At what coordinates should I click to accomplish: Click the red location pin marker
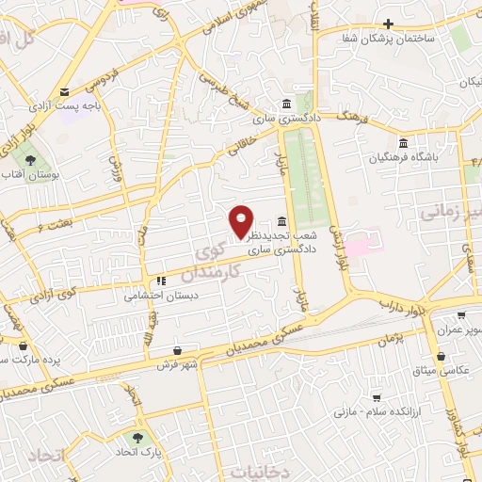(x=242, y=221)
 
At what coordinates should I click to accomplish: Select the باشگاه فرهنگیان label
(x=403, y=157)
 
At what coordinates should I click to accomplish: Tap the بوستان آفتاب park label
(x=30, y=174)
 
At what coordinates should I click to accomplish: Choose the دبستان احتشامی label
(x=159, y=296)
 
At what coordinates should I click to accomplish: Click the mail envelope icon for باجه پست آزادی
(x=65, y=91)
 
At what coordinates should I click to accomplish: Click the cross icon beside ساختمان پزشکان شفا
(x=388, y=24)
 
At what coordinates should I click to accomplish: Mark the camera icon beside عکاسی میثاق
(x=442, y=356)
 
